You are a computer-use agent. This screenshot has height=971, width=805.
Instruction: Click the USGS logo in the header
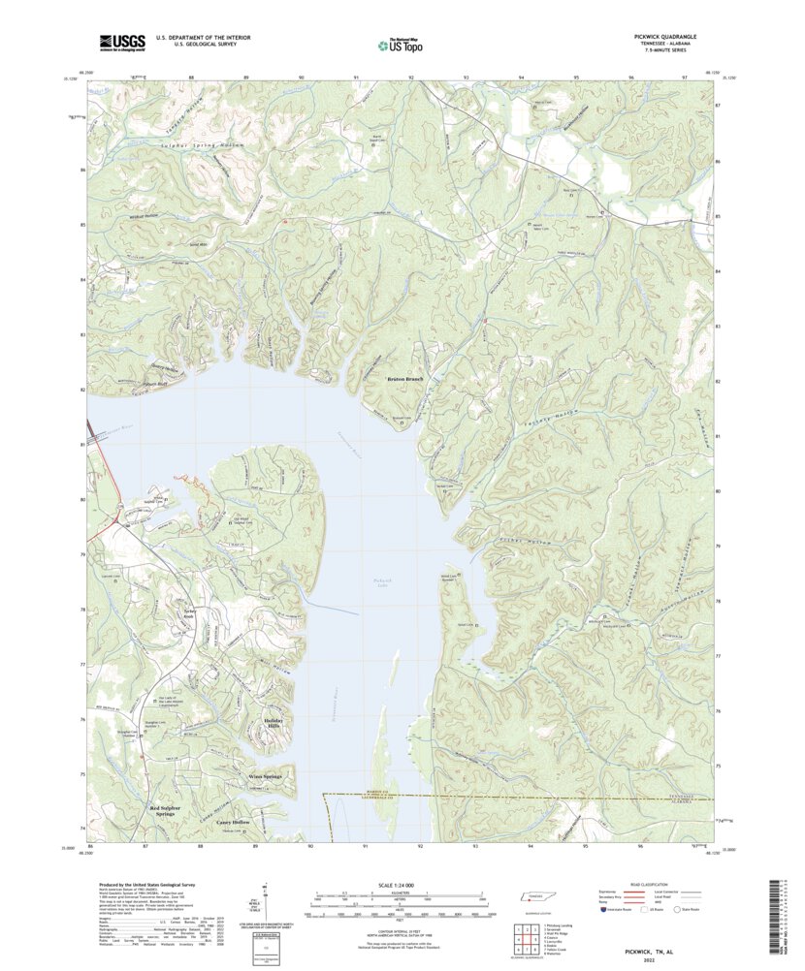click(121, 42)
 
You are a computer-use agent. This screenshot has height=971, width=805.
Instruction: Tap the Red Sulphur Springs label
click(162, 810)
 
